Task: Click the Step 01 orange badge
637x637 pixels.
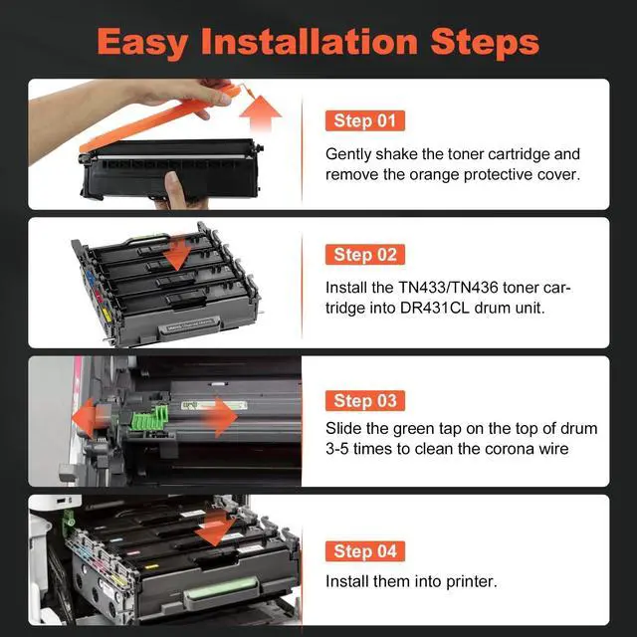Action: click(365, 120)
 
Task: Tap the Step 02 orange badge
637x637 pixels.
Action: click(365, 255)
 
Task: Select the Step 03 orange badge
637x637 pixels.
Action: click(365, 400)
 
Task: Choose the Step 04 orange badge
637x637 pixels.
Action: click(365, 551)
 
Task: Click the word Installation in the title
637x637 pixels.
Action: click(310, 42)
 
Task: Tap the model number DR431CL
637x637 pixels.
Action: click(434, 308)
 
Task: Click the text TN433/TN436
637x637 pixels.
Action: click(448, 288)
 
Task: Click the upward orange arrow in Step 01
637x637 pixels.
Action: click(261, 113)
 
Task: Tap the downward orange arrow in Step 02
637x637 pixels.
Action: click(177, 255)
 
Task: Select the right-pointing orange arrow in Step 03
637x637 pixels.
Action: click(219, 417)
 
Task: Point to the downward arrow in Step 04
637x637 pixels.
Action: click(215, 529)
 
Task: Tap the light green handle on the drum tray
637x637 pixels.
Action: click(221, 589)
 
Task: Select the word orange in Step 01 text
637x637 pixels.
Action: click(434, 175)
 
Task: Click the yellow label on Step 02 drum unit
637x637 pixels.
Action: click(106, 314)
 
